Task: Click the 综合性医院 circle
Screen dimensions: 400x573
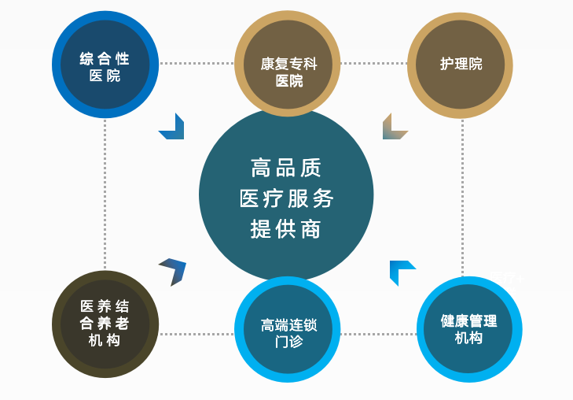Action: (x=105, y=65)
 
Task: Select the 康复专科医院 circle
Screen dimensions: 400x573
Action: (x=288, y=65)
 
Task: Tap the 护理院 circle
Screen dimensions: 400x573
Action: (x=461, y=65)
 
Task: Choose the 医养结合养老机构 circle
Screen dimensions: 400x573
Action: (x=105, y=324)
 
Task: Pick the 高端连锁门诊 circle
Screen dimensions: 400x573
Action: (x=288, y=330)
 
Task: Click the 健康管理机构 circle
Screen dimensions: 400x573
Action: (x=469, y=329)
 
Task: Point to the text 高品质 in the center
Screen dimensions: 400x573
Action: (x=286, y=168)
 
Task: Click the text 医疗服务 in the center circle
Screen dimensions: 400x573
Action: (x=286, y=198)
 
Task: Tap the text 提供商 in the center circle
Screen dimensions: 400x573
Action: (x=286, y=228)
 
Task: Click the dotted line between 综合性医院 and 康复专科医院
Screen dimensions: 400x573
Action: (x=197, y=63)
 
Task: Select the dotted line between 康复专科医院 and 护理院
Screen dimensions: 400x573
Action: (x=373, y=63)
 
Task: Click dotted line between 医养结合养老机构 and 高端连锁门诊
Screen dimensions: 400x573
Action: (x=197, y=334)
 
